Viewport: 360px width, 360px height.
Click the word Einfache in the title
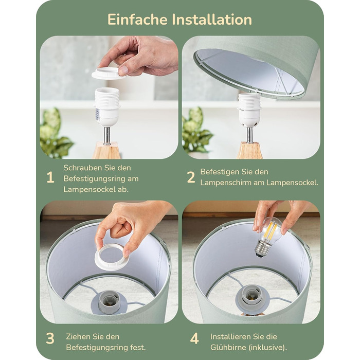pos(137,20)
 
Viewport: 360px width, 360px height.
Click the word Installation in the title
pos(212,20)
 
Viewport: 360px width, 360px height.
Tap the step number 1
pos(50,177)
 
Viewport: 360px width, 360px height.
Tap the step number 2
pos(191,177)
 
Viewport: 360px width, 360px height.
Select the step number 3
pos(50,338)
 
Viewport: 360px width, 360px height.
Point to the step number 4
pos(194,338)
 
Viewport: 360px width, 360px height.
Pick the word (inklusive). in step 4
pos(268,347)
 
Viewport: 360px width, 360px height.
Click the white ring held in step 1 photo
pos(108,73)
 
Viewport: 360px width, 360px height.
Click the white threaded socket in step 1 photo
pos(107,106)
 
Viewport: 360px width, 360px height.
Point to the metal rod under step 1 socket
pos(107,135)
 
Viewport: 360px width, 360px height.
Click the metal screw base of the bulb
pos(262,249)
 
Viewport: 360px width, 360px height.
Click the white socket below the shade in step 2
pos(249,110)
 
